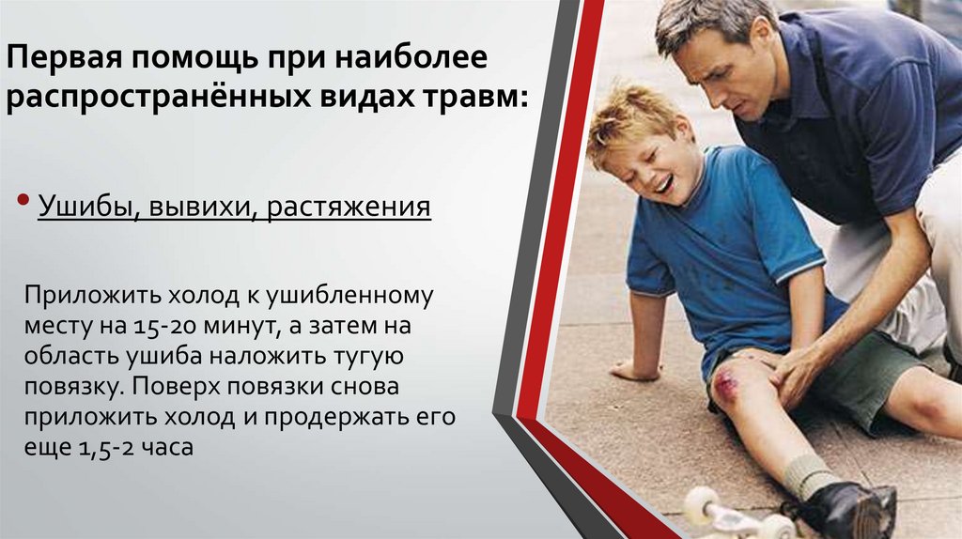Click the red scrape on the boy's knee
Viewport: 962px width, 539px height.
(x=726, y=382)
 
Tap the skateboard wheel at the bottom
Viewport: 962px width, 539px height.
(x=700, y=506)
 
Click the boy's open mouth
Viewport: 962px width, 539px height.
(x=663, y=183)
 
